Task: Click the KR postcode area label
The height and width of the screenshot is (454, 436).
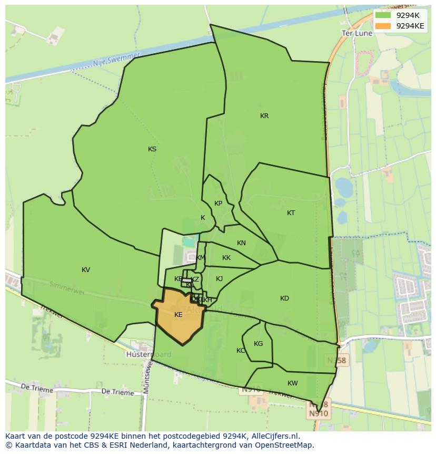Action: pyautogui.click(x=264, y=116)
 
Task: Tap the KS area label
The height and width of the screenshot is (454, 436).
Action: pyautogui.click(x=152, y=149)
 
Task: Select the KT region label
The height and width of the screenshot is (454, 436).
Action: pyautogui.click(x=291, y=213)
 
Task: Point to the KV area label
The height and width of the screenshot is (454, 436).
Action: pyautogui.click(x=86, y=270)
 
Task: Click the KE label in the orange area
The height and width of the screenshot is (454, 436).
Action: pyautogui.click(x=179, y=315)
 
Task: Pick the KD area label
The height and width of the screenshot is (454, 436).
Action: pyautogui.click(x=284, y=298)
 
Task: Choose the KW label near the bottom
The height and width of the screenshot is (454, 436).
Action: pyautogui.click(x=293, y=383)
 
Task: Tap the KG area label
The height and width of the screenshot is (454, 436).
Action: pyautogui.click(x=258, y=344)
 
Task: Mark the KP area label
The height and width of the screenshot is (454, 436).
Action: pyautogui.click(x=219, y=204)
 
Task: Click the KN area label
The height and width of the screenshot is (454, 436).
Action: pyautogui.click(x=241, y=243)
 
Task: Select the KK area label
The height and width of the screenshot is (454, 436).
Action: pyautogui.click(x=226, y=258)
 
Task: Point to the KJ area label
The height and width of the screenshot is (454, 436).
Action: pyautogui.click(x=219, y=279)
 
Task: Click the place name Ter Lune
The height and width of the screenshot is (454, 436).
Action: pyautogui.click(x=357, y=33)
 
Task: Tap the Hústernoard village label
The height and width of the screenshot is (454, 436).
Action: pyautogui.click(x=148, y=355)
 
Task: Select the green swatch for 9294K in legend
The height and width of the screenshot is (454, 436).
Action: pyautogui.click(x=383, y=15)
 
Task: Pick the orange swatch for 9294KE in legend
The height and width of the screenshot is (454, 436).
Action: pyautogui.click(x=383, y=26)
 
